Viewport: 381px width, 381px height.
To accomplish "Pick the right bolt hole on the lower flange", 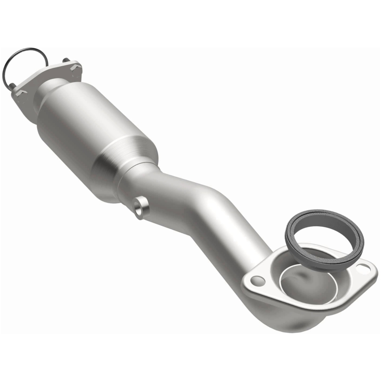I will tap(365, 269).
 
